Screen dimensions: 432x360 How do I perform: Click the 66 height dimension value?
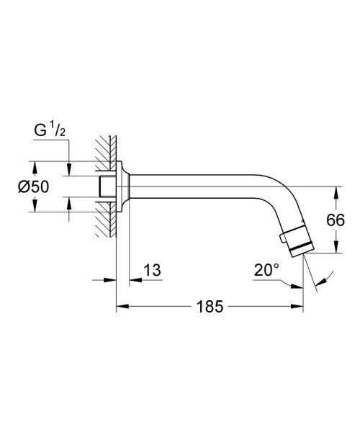tap(336, 220)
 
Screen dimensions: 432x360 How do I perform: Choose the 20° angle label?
tap(266, 271)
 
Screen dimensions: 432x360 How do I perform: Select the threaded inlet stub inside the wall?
tap(105, 185)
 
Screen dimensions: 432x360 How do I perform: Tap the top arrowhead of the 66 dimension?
tap(336, 192)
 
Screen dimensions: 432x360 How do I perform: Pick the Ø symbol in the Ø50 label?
tap(22, 186)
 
